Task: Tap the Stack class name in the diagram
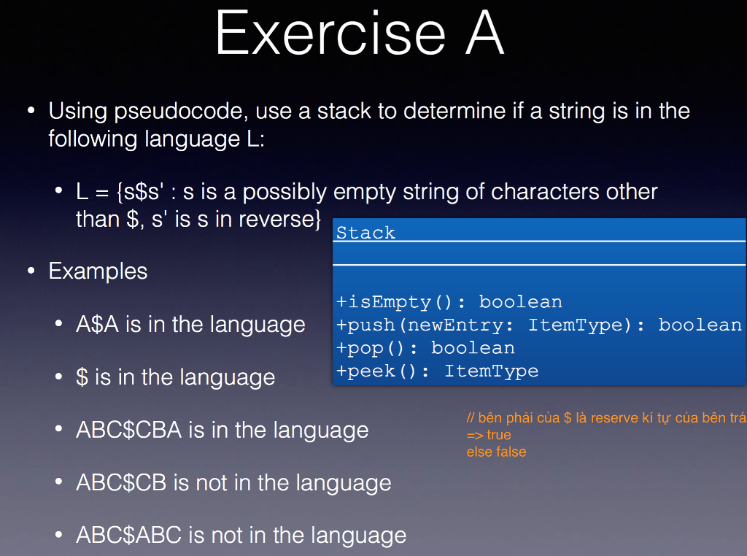tap(365, 233)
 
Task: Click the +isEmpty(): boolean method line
tap(449, 302)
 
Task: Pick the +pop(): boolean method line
tap(425, 348)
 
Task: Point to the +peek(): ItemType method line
tap(437, 371)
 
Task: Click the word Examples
tap(98, 271)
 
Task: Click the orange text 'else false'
tap(496, 452)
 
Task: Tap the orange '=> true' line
tap(489, 436)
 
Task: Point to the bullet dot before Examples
tap(31, 271)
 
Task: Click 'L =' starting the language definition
tap(93, 192)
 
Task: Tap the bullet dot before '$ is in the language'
tap(58, 377)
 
